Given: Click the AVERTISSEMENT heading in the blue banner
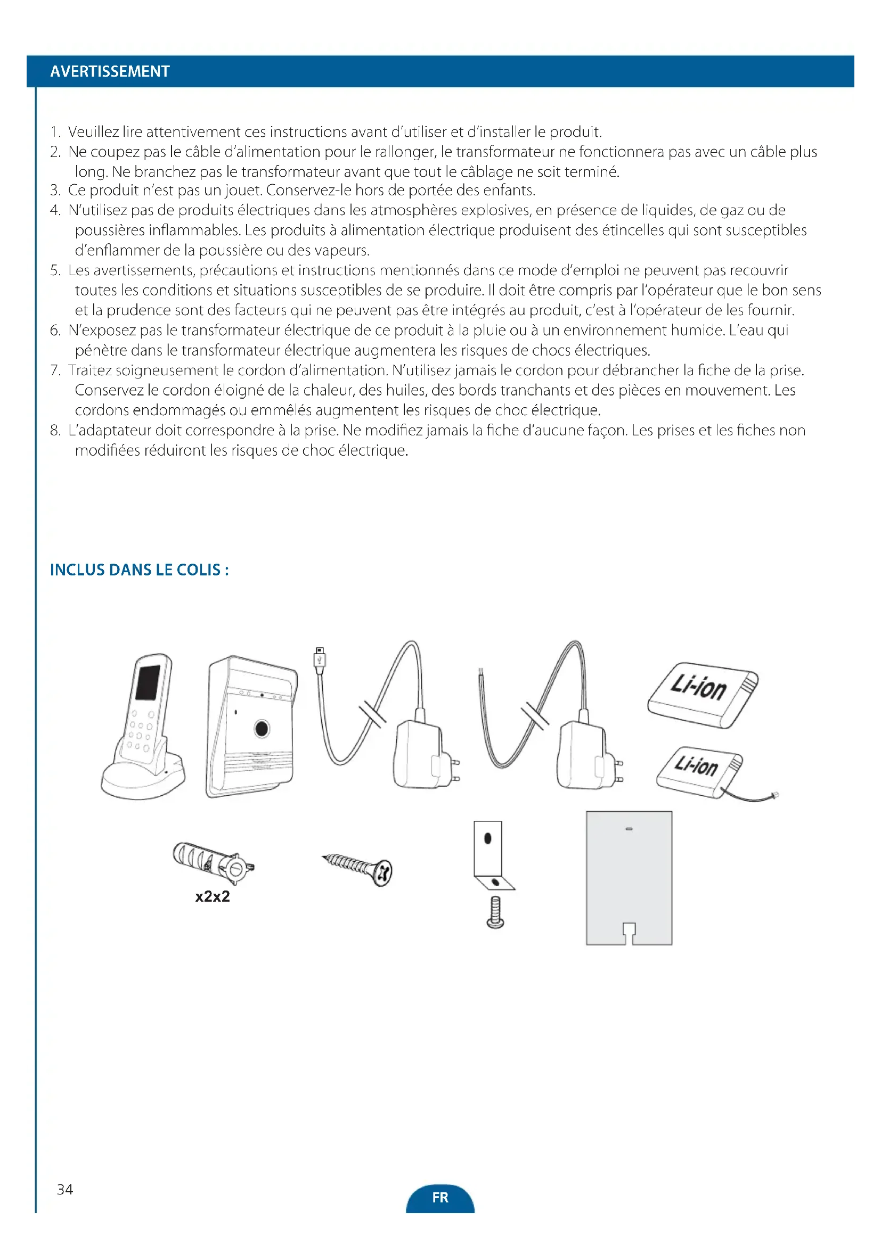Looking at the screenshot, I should pyautogui.click(x=110, y=71).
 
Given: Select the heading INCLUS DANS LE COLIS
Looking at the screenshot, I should pyautogui.click(x=139, y=570).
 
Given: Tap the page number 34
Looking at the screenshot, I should pyautogui.click(x=64, y=1189).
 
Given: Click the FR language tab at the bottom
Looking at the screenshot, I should pyautogui.click(x=440, y=1197).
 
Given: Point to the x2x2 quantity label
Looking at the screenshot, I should pyautogui.click(x=212, y=896).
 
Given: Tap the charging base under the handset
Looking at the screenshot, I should pyautogui.click(x=143, y=777).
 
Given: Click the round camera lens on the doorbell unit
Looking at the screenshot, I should pyautogui.click(x=262, y=728).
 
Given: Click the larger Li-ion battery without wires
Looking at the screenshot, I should pyautogui.click(x=703, y=695).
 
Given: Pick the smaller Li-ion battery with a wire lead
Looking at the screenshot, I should pyautogui.click(x=700, y=772).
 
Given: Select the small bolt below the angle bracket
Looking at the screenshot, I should pyautogui.click(x=495, y=912).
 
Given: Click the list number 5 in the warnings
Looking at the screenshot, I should pyautogui.click(x=55, y=270).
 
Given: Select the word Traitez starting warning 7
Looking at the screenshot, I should pyautogui.click(x=89, y=370).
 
